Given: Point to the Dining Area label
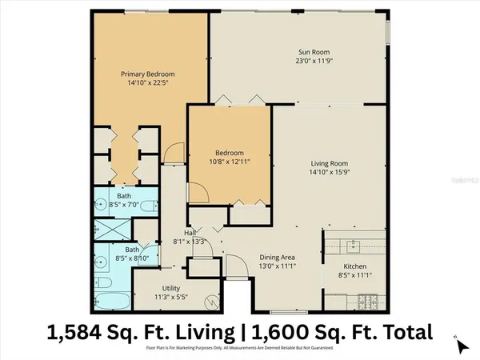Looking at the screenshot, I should click(x=278, y=258).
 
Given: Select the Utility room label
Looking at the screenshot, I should click(x=173, y=288).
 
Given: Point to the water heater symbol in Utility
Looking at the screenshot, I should click(x=211, y=302).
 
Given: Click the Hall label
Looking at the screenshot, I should click(x=190, y=233).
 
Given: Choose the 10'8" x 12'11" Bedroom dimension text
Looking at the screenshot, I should click(x=228, y=162).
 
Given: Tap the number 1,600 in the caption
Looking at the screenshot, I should click(x=284, y=331).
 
